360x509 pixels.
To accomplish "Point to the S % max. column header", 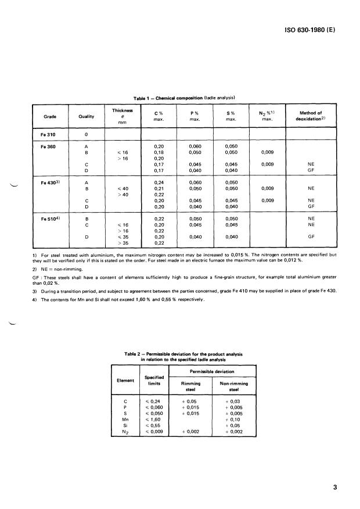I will tap(231, 116).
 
